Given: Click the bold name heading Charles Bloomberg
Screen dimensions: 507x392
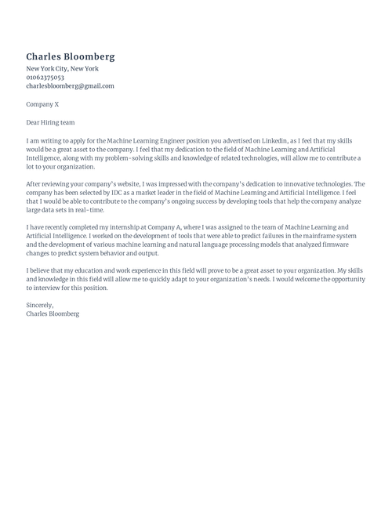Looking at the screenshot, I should point(71,56).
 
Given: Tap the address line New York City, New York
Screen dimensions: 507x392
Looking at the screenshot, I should point(63,69).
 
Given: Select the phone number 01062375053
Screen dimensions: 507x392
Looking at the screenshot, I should point(45,78).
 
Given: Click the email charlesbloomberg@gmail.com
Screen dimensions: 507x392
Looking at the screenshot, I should point(70,86).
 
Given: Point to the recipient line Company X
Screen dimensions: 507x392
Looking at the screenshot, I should point(42,104).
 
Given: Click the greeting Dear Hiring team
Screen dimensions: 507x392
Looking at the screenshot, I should point(50,122).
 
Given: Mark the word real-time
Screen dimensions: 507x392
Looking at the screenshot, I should point(88,210).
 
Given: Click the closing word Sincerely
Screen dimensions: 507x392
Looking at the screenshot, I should point(40,306).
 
